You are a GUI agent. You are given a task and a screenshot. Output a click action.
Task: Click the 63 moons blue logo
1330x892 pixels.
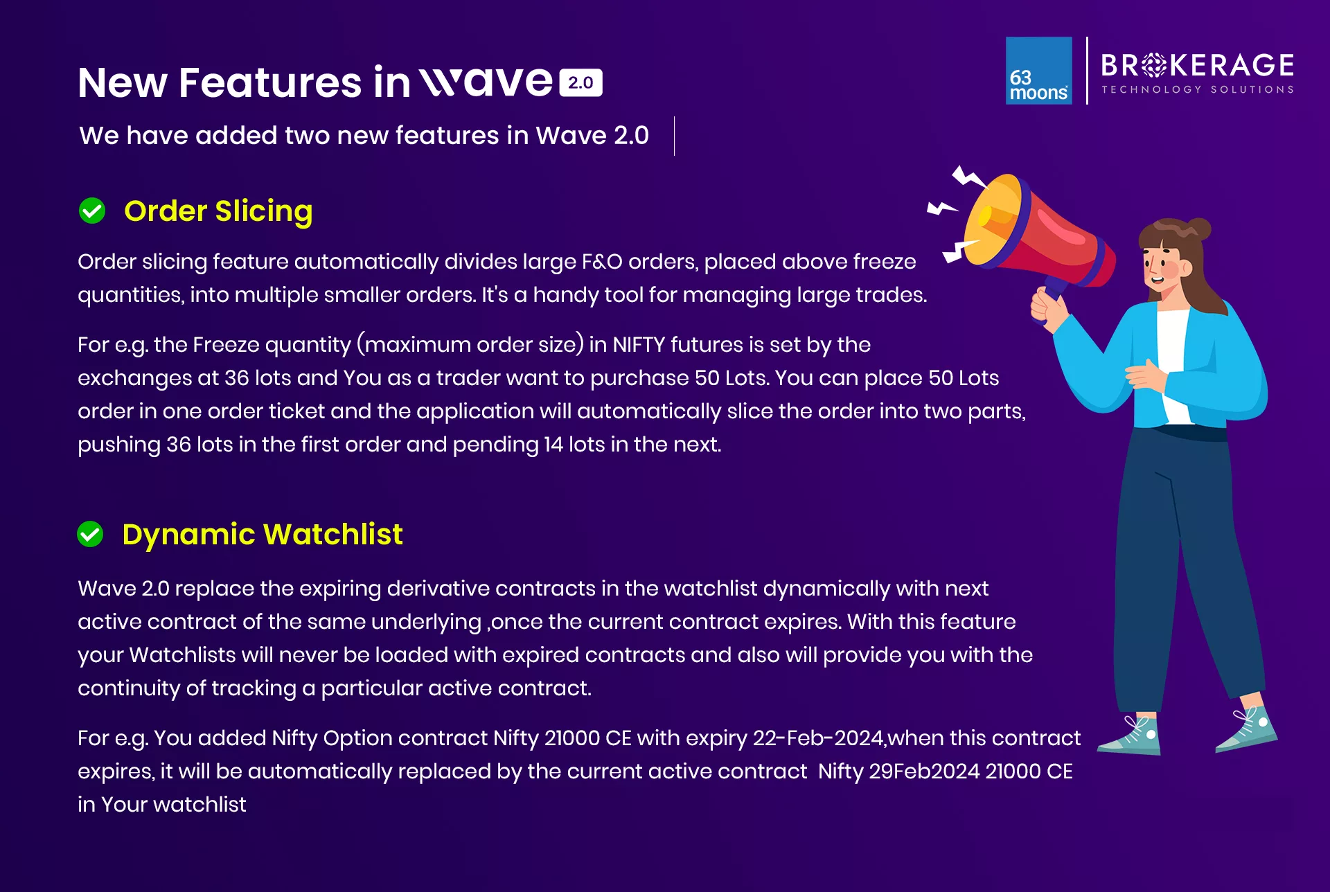pyautogui.click(x=1038, y=71)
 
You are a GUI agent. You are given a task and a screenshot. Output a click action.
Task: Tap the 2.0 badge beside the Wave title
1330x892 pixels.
pyautogui.click(x=580, y=82)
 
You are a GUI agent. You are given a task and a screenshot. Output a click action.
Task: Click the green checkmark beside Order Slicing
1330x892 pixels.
pyautogui.click(x=92, y=211)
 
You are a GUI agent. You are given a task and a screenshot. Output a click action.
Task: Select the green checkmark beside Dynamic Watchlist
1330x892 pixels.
pyautogui.click(x=90, y=534)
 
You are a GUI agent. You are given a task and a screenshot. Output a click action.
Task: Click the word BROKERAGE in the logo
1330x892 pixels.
pyautogui.click(x=1198, y=65)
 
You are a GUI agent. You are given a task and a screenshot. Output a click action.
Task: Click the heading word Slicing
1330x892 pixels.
pyautogui.click(x=264, y=211)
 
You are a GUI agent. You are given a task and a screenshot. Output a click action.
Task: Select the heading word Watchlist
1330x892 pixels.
pyautogui.click(x=333, y=534)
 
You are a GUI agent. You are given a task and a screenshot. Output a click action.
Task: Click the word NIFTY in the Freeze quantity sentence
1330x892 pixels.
pyautogui.click(x=639, y=344)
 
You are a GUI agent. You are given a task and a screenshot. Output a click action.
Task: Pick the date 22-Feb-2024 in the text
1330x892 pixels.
pyautogui.click(x=818, y=738)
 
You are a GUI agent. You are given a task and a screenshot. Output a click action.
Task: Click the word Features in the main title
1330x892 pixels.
pyautogui.click(x=270, y=82)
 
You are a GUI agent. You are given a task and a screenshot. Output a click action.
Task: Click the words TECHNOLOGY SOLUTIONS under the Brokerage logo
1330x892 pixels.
pyautogui.click(x=1198, y=89)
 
